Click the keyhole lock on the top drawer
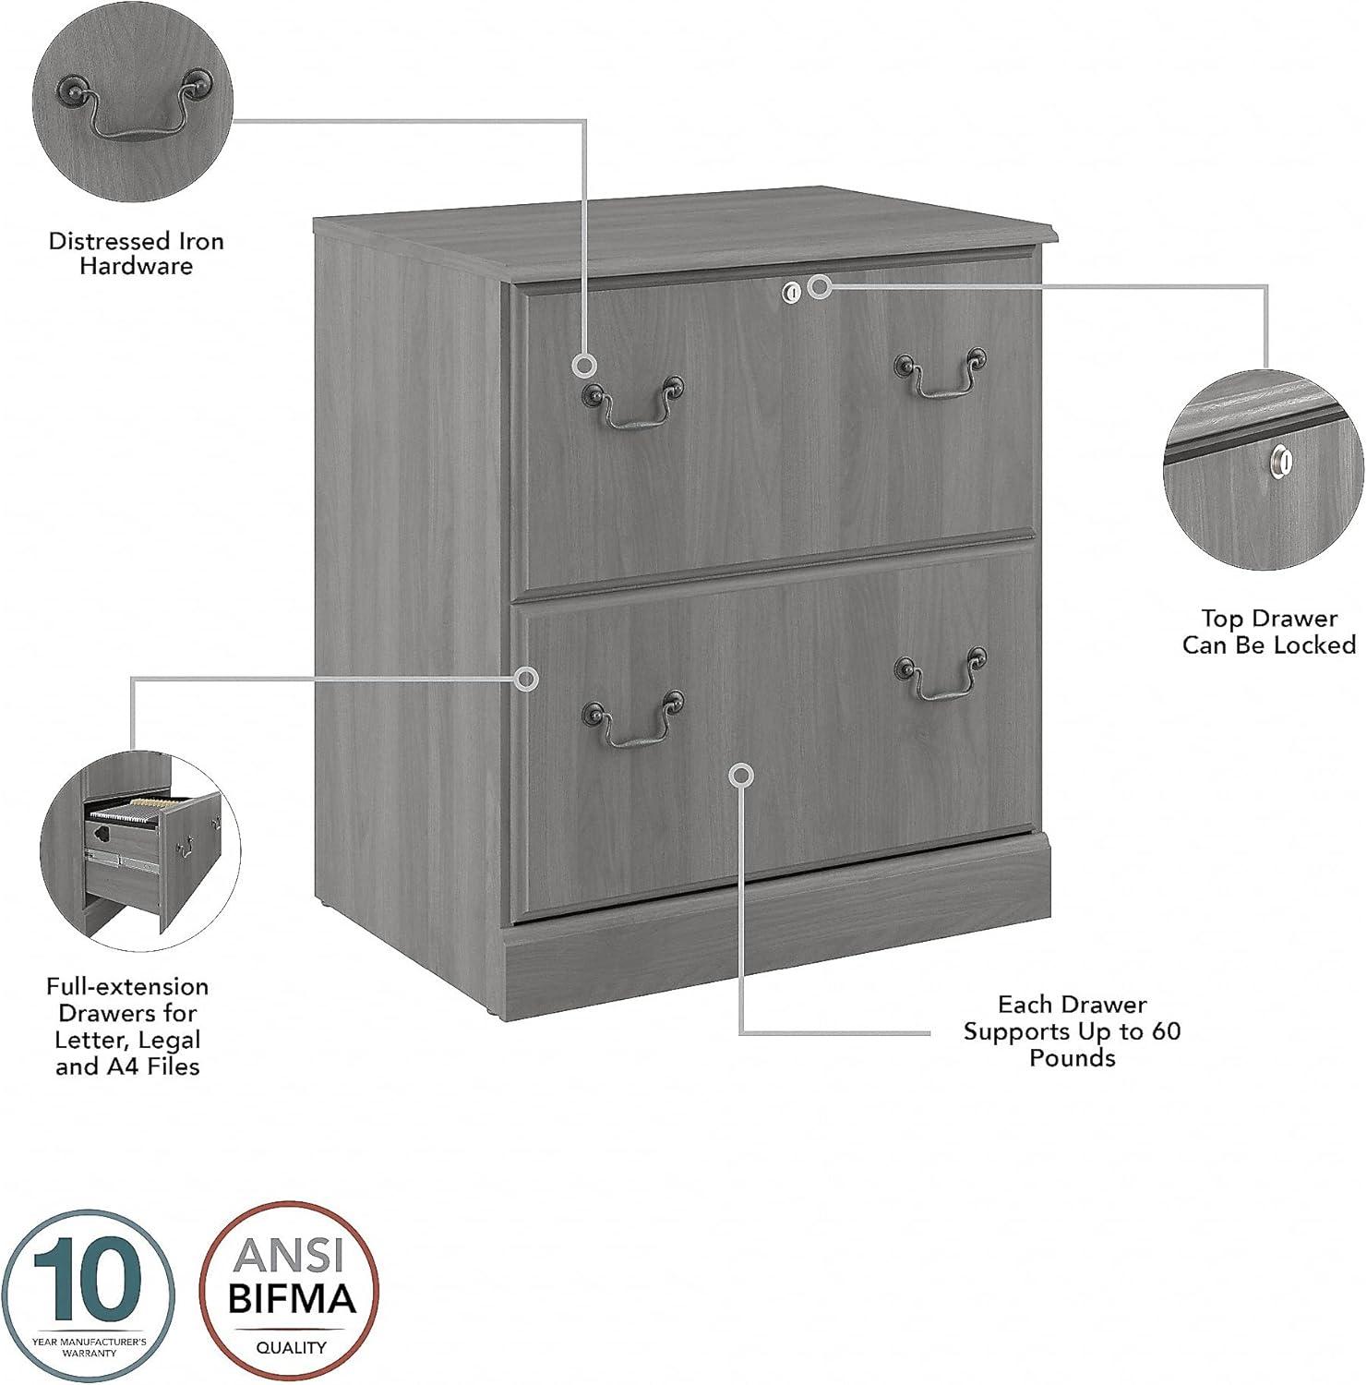click(x=790, y=292)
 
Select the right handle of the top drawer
click(x=941, y=375)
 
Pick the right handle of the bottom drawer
click(x=941, y=671)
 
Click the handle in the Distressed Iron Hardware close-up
click(x=133, y=109)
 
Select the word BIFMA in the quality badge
click(x=291, y=1300)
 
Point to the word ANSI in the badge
click(x=290, y=1256)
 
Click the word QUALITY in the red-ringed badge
click(x=291, y=1347)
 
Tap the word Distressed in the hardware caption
click(x=104, y=242)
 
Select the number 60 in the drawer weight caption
click(x=1165, y=1030)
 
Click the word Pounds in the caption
click(x=1072, y=1057)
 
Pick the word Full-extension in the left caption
click(x=127, y=986)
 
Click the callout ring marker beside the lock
click(x=819, y=287)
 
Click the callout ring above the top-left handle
click(x=583, y=366)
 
